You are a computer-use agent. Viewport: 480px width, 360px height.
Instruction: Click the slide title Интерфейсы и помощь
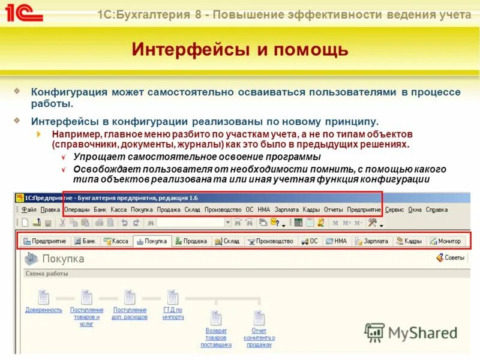(x=240, y=49)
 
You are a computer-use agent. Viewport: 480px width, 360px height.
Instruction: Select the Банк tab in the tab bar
(x=85, y=241)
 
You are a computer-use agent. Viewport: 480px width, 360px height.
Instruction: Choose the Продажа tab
(x=191, y=241)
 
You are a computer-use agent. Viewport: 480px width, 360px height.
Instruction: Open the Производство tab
(x=271, y=241)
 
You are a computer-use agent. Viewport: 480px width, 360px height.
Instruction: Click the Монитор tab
(x=445, y=241)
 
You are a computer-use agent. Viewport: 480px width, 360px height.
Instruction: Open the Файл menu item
(x=29, y=210)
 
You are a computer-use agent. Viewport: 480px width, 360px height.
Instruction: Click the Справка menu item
(x=437, y=210)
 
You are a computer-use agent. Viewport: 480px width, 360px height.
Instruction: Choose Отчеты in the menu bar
(x=333, y=210)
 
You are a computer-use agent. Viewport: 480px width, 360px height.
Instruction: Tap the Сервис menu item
(x=395, y=210)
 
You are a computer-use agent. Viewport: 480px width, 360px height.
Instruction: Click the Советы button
(x=451, y=258)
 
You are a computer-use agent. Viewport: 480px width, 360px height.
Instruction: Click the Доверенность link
(x=44, y=310)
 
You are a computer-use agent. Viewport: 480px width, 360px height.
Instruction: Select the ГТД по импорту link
(x=173, y=313)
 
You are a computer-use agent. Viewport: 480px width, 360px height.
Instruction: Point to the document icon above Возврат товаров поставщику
(x=216, y=318)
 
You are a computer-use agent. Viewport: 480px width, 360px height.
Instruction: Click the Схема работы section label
(x=46, y=274)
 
